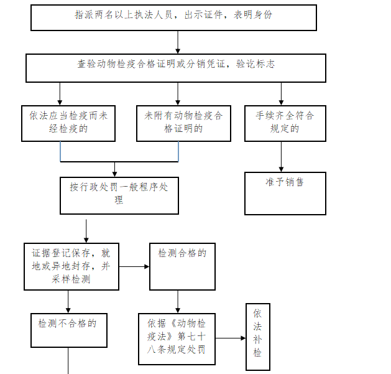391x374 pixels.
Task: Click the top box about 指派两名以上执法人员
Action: [173, 17]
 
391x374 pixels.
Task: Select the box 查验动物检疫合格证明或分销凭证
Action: [175, 68]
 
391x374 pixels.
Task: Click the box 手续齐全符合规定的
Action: [285, 123]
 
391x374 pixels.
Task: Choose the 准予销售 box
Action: [285, 194]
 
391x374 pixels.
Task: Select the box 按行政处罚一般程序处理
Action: [119, 195]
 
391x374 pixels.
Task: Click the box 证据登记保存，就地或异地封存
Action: [71, 266]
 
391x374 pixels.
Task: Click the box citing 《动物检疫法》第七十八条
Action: [177, 338]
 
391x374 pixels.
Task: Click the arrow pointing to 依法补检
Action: [231, 339]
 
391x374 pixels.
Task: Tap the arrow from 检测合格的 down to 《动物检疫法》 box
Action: [178, 302]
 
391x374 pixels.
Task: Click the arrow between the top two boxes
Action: [178, 42]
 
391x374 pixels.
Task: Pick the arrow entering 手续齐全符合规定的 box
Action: [281, 94]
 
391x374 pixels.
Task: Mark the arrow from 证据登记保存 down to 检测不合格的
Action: [68, 302]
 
